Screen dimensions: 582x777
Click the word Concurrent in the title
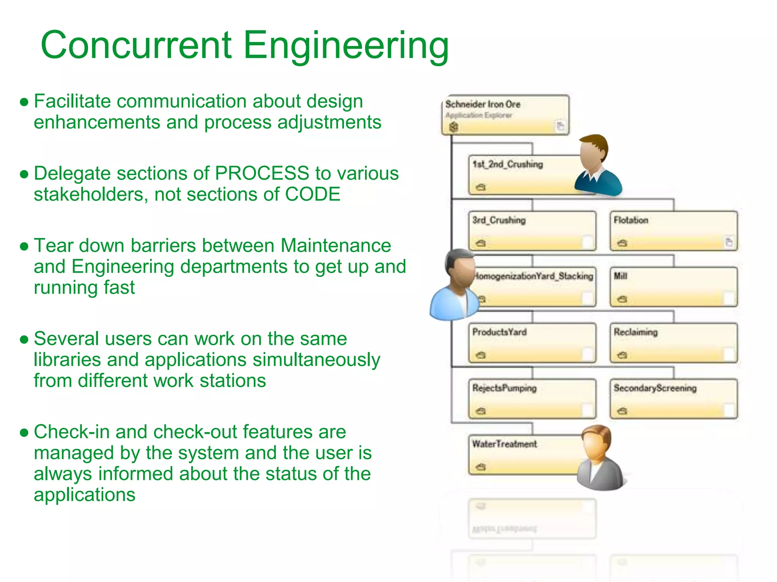pos(136,45)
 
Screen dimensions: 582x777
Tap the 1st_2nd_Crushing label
pos(508,164)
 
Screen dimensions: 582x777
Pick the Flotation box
pos(673,231)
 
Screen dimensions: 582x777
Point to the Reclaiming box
pos(673,343)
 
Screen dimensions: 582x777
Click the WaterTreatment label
pos(505,444)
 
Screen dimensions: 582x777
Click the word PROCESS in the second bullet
pos(262,174)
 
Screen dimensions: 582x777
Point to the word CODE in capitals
pos(312,194)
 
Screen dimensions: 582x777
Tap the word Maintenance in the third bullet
pos(335,246)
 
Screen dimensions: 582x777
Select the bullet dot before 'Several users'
pos(24,339)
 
